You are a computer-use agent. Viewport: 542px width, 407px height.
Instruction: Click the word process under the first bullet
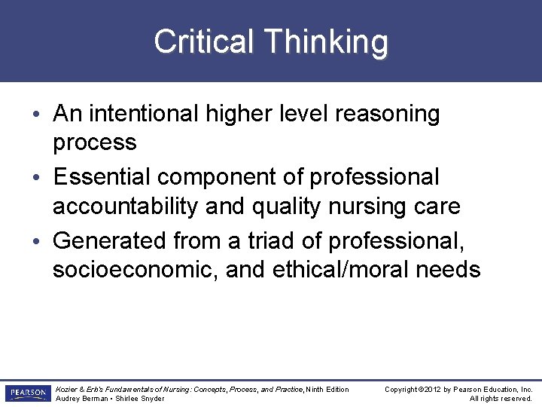point(94,142)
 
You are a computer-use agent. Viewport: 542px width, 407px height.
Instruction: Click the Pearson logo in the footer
point(27,393)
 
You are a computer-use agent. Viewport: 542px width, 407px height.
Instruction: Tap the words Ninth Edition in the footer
point(328,389)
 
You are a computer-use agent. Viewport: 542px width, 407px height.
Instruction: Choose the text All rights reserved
point(501,399)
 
